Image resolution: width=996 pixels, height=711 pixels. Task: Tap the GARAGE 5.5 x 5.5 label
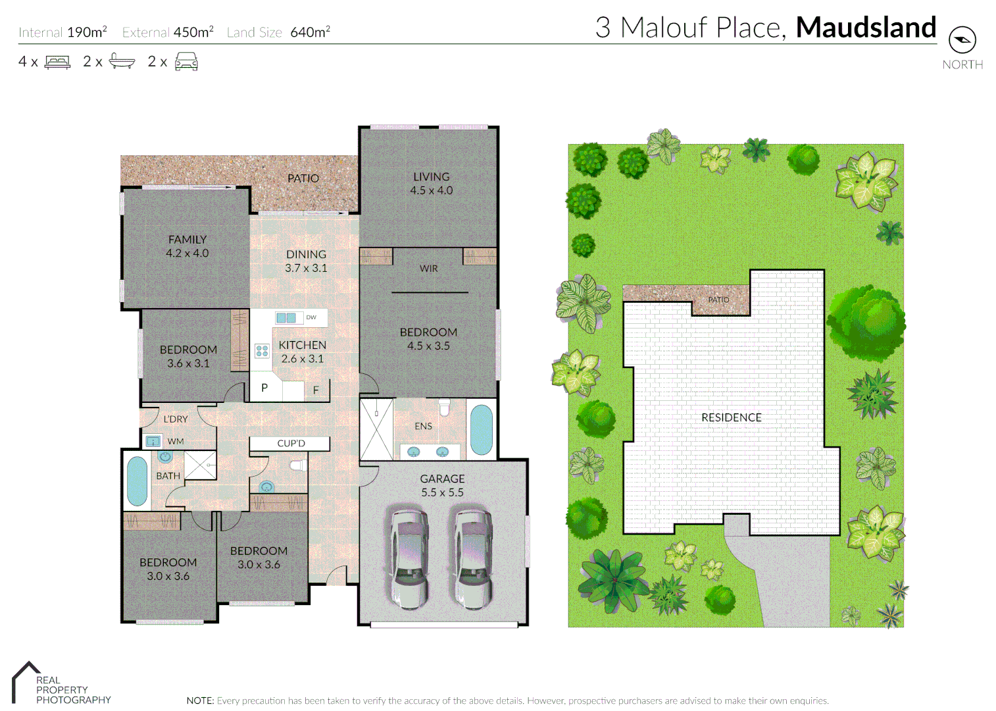tap(442, 485)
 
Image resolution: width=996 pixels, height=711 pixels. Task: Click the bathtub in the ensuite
tap(481, 430)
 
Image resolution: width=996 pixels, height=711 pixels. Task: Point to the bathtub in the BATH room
tap(137, 481)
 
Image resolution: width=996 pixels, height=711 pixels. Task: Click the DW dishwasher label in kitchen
tap(311, 317)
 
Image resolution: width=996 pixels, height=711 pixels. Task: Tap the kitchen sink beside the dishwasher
tap(286, 318)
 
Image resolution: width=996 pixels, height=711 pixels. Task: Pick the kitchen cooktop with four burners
tap(262, 351)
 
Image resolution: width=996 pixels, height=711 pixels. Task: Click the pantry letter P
tap(264, 388)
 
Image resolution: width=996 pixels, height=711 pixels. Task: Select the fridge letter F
tap(316, 390)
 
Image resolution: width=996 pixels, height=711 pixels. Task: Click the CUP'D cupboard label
tap(291, 444)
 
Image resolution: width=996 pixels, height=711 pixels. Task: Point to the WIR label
tap(428, 269)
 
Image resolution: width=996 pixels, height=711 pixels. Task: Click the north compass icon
tap(962, 40)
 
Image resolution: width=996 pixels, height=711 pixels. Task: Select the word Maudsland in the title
tap(866, 28)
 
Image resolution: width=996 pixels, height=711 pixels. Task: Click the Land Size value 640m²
tap(310, 32)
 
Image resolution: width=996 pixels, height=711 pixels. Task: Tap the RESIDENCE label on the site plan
tap(731, 417)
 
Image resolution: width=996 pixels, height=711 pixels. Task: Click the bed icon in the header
tap(57, 62)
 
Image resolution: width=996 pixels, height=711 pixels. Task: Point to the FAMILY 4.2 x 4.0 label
tap(187, 246)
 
